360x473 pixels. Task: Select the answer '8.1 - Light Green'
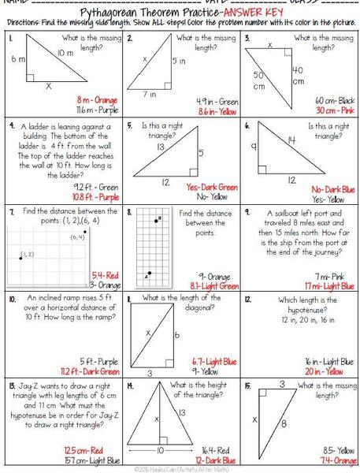click(x=214, y=285)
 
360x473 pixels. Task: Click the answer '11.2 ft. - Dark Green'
click(x=90, y=371)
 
